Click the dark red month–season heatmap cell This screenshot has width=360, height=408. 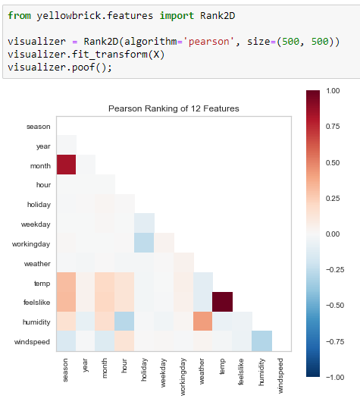coord(66,165)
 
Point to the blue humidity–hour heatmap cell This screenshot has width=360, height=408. coord(125,322)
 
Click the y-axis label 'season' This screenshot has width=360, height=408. coord(38,126)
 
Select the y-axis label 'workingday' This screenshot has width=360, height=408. coord(32,244)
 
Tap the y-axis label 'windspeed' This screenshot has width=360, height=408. coord(33,342)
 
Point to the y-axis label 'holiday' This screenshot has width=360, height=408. coord(38,205)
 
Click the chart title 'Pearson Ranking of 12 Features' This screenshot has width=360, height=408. coord(174,108)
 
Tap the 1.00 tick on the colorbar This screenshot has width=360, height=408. coord(332,90)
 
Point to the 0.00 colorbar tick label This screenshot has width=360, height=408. coord(332,234)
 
